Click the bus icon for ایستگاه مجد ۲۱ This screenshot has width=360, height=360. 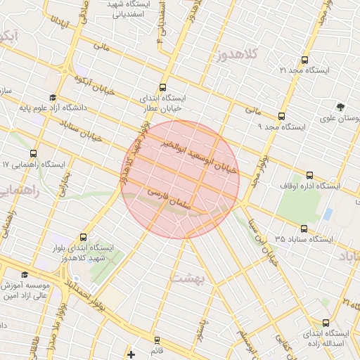pos(304,60)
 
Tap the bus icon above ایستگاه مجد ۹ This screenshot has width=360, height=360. pos(282,117)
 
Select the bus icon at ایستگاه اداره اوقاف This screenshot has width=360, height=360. pos(310,175)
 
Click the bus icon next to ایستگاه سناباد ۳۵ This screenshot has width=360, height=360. pos(304,229)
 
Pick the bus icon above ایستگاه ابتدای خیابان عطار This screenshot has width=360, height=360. pos(163,88)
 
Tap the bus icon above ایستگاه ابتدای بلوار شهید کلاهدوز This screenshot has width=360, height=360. pos(84,238)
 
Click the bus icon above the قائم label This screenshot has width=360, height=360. pos(156,340)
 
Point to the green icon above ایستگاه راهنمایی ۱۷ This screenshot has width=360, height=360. pos(33,154)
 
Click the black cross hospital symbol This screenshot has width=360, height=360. pos(131,354)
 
